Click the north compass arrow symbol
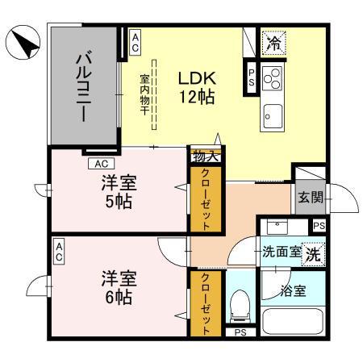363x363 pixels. [22, 43]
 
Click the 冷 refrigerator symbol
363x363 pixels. [273, 43]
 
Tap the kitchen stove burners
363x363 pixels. [273, 77]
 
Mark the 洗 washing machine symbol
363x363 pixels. [311, 251]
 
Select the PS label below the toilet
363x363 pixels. [239, 332]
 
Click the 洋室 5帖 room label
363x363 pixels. [119, 190]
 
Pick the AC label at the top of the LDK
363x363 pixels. [135, 43]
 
